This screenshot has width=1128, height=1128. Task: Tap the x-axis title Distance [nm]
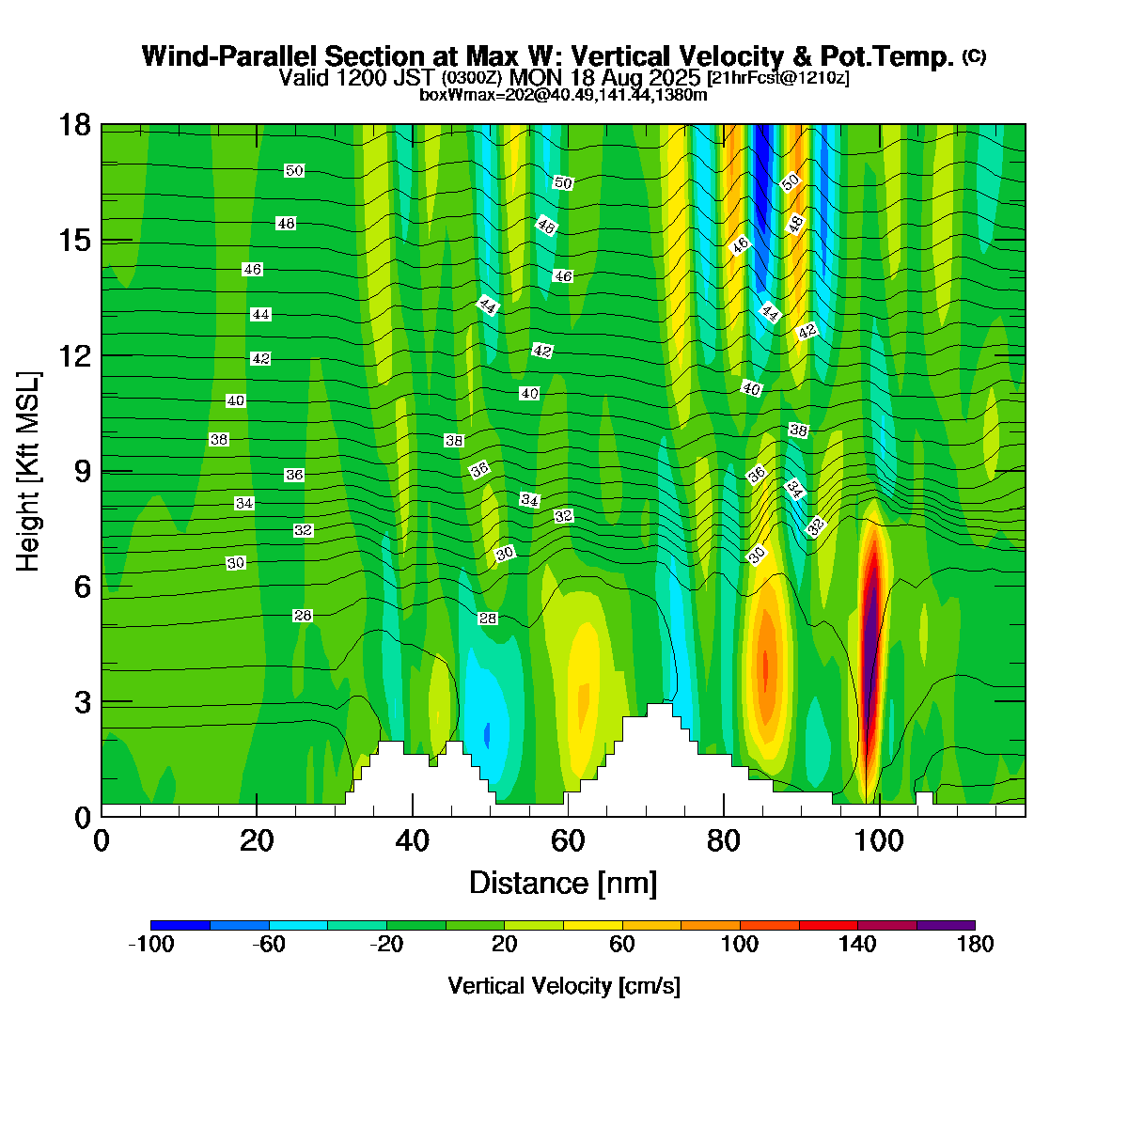point(563,884)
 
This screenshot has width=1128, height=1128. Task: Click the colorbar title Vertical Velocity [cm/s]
point(564,986)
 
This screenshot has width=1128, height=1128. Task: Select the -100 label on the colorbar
point(150,945)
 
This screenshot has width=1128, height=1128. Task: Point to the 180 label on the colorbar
point(975,945)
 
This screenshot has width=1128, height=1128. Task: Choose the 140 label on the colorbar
point(857,945)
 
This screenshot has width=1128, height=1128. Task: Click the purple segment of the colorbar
point(946,925)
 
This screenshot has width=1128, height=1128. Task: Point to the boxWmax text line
point(563,94)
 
